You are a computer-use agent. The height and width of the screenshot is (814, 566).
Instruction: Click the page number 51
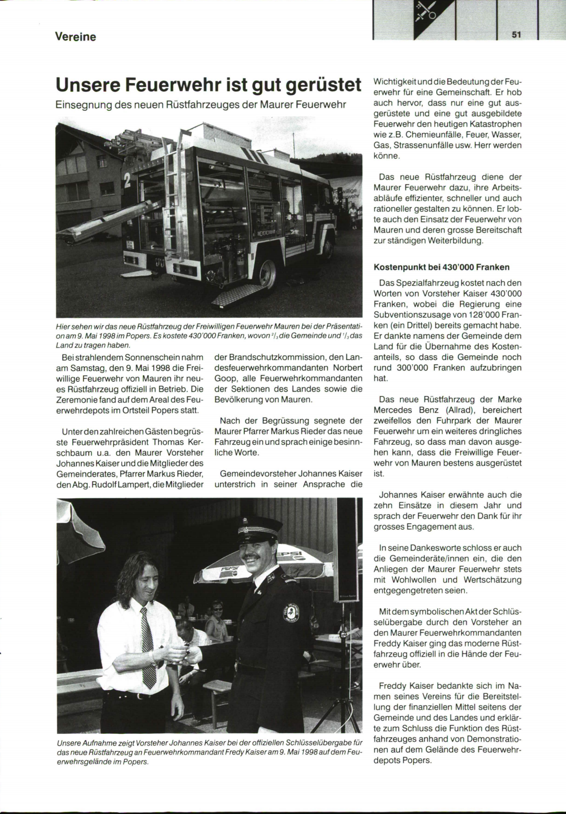[515, 34]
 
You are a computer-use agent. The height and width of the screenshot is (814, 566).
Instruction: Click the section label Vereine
[75, 37]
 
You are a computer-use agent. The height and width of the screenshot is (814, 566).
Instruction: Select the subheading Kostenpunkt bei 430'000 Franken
[441, 267]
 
